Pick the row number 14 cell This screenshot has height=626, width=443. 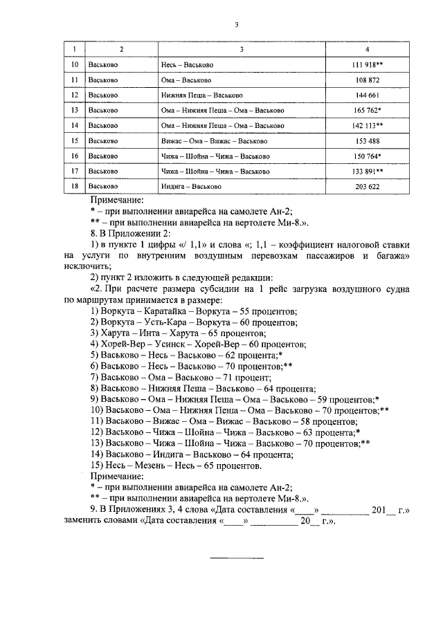point(75,126)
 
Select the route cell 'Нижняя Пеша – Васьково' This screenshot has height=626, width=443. point(201,95)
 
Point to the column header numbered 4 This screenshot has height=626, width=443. point(367,49)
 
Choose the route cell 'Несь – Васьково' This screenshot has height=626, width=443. point(187,65)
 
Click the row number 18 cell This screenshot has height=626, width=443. point(75,187)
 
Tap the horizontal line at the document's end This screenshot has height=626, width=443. point(237,558)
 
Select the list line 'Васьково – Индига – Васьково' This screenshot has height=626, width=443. point(192,454)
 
